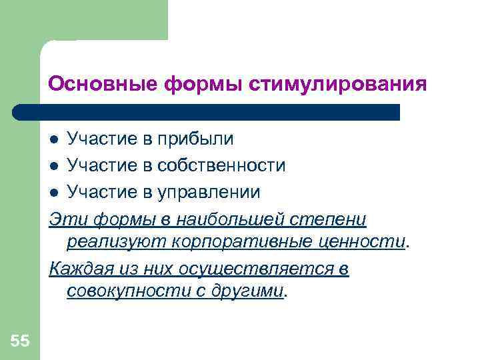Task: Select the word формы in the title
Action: click(x=203, y=85)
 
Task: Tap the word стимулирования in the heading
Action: click(x=338, y=85)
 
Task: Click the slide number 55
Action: click(x=19, y=341)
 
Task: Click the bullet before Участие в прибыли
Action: click(x=55, y=139)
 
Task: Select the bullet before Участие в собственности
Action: click(x=55, y=166)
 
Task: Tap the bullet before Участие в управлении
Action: click(x=55, y=193)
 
